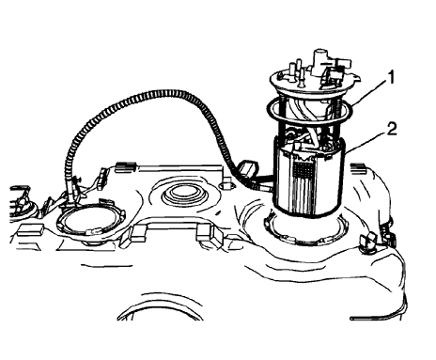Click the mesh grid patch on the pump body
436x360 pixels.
pos(307,173)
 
